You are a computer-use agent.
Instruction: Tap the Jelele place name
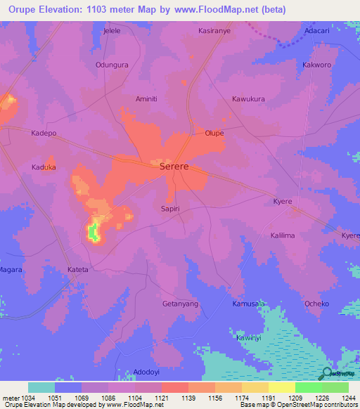pyautogui.click(x=112, y=32)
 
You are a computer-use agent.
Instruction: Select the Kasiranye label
pyautogui.click(x=214, y=32)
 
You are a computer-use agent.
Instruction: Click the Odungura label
pyautogui.click(x=112, y=65)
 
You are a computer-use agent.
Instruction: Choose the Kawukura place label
pyautogui.click(x=248, y=99)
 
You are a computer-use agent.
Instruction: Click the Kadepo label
pyautogui.click(x=44, y=133)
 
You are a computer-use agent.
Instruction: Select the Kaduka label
pyautogui.click(x=44, y=167)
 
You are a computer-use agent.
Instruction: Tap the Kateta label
pyautogui.click(x=77, y=269)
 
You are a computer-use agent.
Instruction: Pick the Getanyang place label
pyautogui.click(x=180, y=304)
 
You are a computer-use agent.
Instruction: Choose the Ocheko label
pyautogui.click(x=316, y=304)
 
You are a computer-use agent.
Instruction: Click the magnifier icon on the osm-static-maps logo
pyautogui.click(x=327, y=374)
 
